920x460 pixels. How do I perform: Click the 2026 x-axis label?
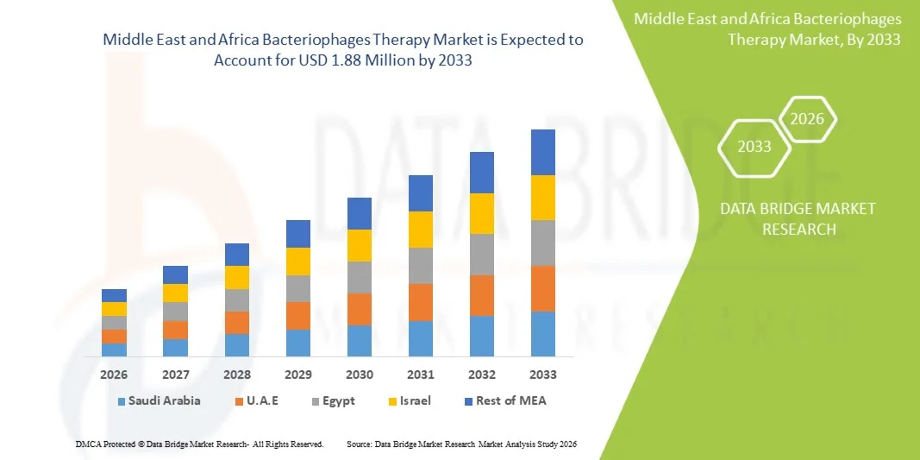[x=114, y=375]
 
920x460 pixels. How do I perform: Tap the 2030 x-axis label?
[x=360, y=375]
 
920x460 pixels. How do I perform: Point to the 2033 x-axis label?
[x=543, y=375]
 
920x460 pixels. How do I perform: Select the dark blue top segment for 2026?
[x=114, y=295]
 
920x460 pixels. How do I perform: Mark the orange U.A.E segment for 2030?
[x=360, y=309]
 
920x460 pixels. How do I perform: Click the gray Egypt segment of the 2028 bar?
[x=237, y=299]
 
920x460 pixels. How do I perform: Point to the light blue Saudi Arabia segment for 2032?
[x=482, y=336]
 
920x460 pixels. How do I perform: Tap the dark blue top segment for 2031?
[x=421, y=193]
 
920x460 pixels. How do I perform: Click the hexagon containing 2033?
[x=754, y=146]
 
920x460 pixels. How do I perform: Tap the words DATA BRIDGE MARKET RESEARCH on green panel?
[x=785, y=218]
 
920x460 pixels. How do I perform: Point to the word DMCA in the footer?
[x=84, y=444]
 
